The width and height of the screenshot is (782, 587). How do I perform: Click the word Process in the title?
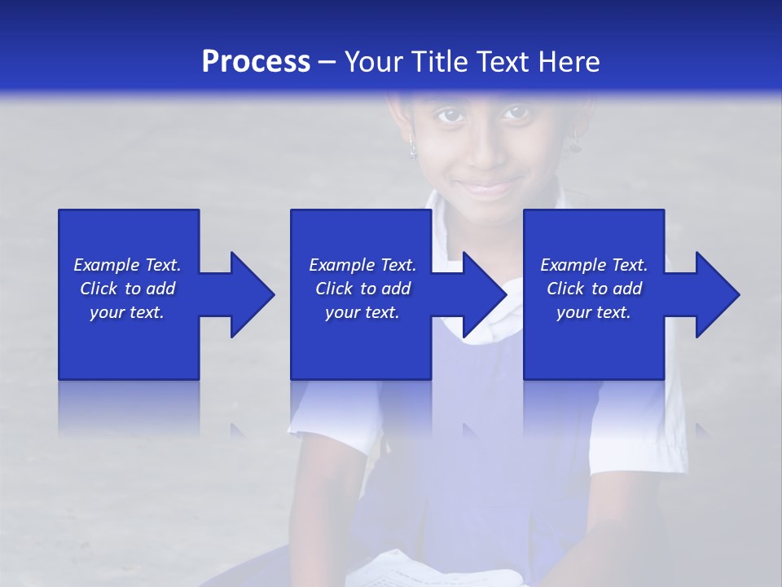click(256, 62)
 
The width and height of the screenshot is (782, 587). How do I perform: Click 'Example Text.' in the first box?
click(127, 265)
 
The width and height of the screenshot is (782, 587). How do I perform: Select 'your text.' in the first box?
click(127, 312)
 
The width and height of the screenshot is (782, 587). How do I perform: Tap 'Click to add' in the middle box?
click(362, 289)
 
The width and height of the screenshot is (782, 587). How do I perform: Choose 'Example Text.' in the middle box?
click(362, 265)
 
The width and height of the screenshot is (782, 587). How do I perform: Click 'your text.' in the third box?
click(594, 312)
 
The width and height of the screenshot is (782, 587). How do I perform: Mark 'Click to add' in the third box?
click(594, 289)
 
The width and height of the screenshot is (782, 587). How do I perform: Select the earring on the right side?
click(576, 143)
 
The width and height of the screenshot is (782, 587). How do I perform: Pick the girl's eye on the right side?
click(515, 113)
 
